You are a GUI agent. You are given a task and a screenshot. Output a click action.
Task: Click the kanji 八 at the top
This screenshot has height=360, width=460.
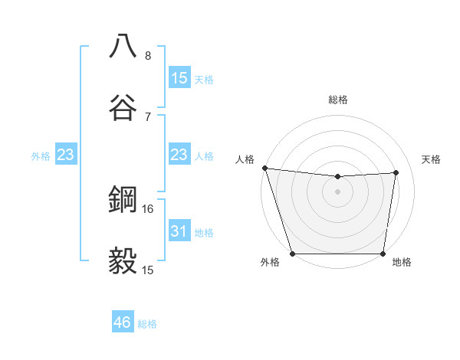point(123,47)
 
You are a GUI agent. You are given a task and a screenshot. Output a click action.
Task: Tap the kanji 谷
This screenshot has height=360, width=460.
point(123,108)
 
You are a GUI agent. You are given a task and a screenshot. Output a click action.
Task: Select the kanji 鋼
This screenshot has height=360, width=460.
point(123,200)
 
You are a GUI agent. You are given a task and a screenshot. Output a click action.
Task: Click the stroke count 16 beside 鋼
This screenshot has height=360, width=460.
point(149,208)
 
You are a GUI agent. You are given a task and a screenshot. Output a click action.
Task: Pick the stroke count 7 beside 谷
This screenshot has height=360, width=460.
point(148,116)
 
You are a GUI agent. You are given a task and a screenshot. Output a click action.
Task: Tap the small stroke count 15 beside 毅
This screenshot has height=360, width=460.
point(149,270)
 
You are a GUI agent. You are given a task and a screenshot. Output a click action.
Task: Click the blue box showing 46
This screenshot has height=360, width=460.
point(123,322)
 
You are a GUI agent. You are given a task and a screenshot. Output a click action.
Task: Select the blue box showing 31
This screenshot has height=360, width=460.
point(179,231)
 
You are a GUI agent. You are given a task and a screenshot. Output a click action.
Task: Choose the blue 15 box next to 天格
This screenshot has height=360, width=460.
point(179,77)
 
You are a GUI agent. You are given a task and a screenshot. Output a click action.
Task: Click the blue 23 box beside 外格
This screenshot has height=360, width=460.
point(65,155)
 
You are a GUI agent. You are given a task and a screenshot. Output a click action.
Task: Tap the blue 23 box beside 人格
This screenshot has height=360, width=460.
point(179,155)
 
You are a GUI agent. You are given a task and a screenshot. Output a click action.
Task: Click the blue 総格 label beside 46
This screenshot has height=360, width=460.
point(147,324)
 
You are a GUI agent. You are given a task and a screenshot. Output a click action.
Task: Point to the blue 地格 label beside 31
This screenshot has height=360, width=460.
point(204,232)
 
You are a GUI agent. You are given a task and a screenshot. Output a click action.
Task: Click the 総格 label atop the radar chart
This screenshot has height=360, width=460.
point(338,100)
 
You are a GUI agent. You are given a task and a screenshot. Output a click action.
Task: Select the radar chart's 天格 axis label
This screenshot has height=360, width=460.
point(431,159)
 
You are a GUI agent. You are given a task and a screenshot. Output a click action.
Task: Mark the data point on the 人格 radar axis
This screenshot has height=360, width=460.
point(264,168)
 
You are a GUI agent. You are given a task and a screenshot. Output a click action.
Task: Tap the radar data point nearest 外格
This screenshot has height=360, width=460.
point(292,254)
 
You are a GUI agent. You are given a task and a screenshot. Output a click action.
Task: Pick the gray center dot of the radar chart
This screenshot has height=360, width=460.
point(337,191)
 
